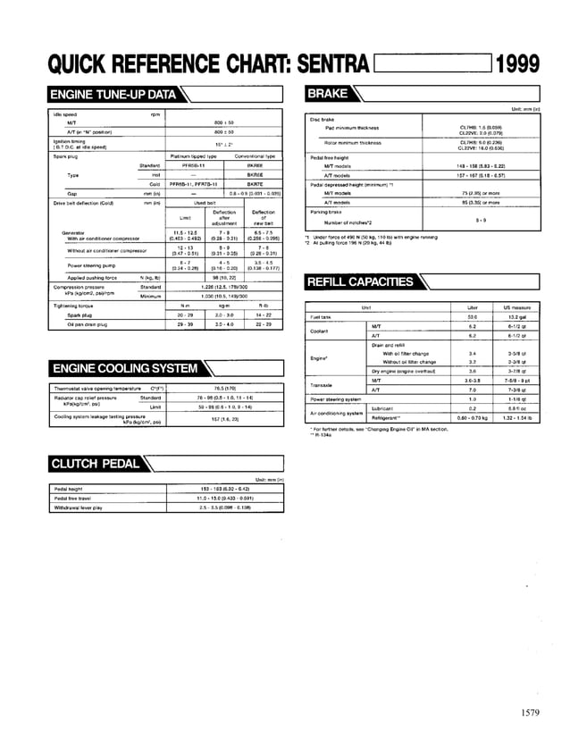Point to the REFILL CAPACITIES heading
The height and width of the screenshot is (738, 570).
361,282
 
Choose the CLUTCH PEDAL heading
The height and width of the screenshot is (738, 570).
94,463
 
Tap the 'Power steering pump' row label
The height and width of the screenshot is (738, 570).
89,265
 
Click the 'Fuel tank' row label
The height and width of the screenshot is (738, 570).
321,316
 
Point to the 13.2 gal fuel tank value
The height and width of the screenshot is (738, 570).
517,316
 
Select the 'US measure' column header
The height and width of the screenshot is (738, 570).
517,306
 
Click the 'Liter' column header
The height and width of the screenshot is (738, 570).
473,306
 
